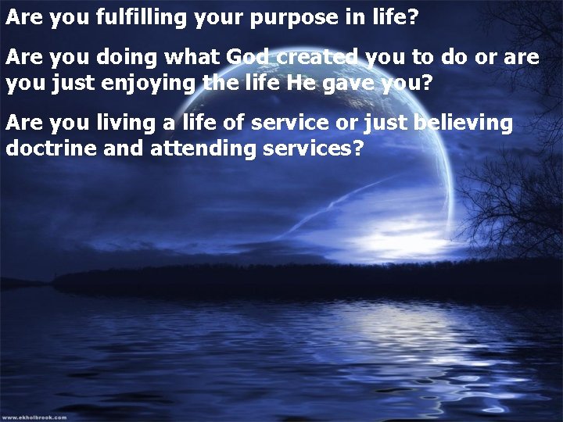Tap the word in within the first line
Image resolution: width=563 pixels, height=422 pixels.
[373, 18]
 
